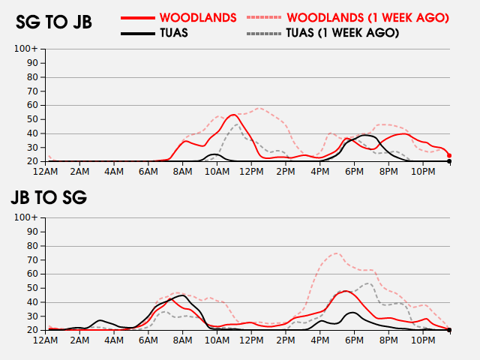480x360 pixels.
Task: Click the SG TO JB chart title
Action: [x=54, y=22]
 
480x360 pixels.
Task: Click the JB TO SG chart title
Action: [x=49, y=197]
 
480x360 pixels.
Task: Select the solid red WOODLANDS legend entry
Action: [x=198, y=18]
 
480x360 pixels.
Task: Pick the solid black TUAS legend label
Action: [x=174, y=33]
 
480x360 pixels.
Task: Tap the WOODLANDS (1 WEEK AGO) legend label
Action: [x=368, y=18]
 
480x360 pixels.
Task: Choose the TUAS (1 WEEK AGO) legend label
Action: [x=343, y=33]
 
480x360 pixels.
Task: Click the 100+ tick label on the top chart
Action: [x=26, y=49]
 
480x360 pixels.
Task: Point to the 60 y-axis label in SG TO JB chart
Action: [x=32, y=105]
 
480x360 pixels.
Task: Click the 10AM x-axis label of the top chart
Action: [x=217, y=172]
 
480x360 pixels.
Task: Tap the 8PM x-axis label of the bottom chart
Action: [x=388, y=340]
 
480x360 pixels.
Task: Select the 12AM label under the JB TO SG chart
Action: [x=45, y=340]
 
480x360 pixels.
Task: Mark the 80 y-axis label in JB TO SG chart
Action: [x=32, y=246]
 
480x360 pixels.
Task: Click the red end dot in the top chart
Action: [x=449, y=155]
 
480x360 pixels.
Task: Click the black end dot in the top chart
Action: [x=449, y=161]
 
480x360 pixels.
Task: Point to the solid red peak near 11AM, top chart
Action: [x=233, y=115]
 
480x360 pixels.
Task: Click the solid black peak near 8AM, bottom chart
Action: [x=183, y=295]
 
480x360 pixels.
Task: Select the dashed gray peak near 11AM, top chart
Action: [x=237, y=124]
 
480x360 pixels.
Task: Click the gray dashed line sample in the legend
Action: [x=263, y=33]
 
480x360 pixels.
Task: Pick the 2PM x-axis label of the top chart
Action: [x=286, y=172]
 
